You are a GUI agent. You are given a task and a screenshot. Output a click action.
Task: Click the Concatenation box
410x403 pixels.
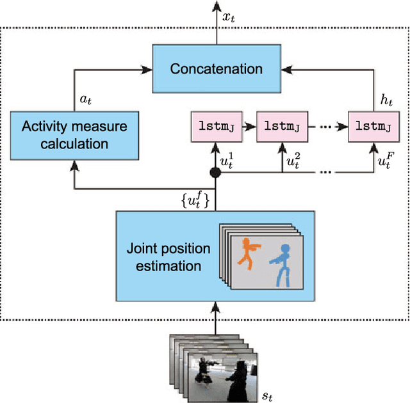tap(216, 68)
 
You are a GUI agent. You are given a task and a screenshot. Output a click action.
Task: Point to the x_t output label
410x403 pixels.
tap(229, 17)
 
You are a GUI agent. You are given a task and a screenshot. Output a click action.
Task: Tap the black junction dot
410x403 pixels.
tap(216, 173)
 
